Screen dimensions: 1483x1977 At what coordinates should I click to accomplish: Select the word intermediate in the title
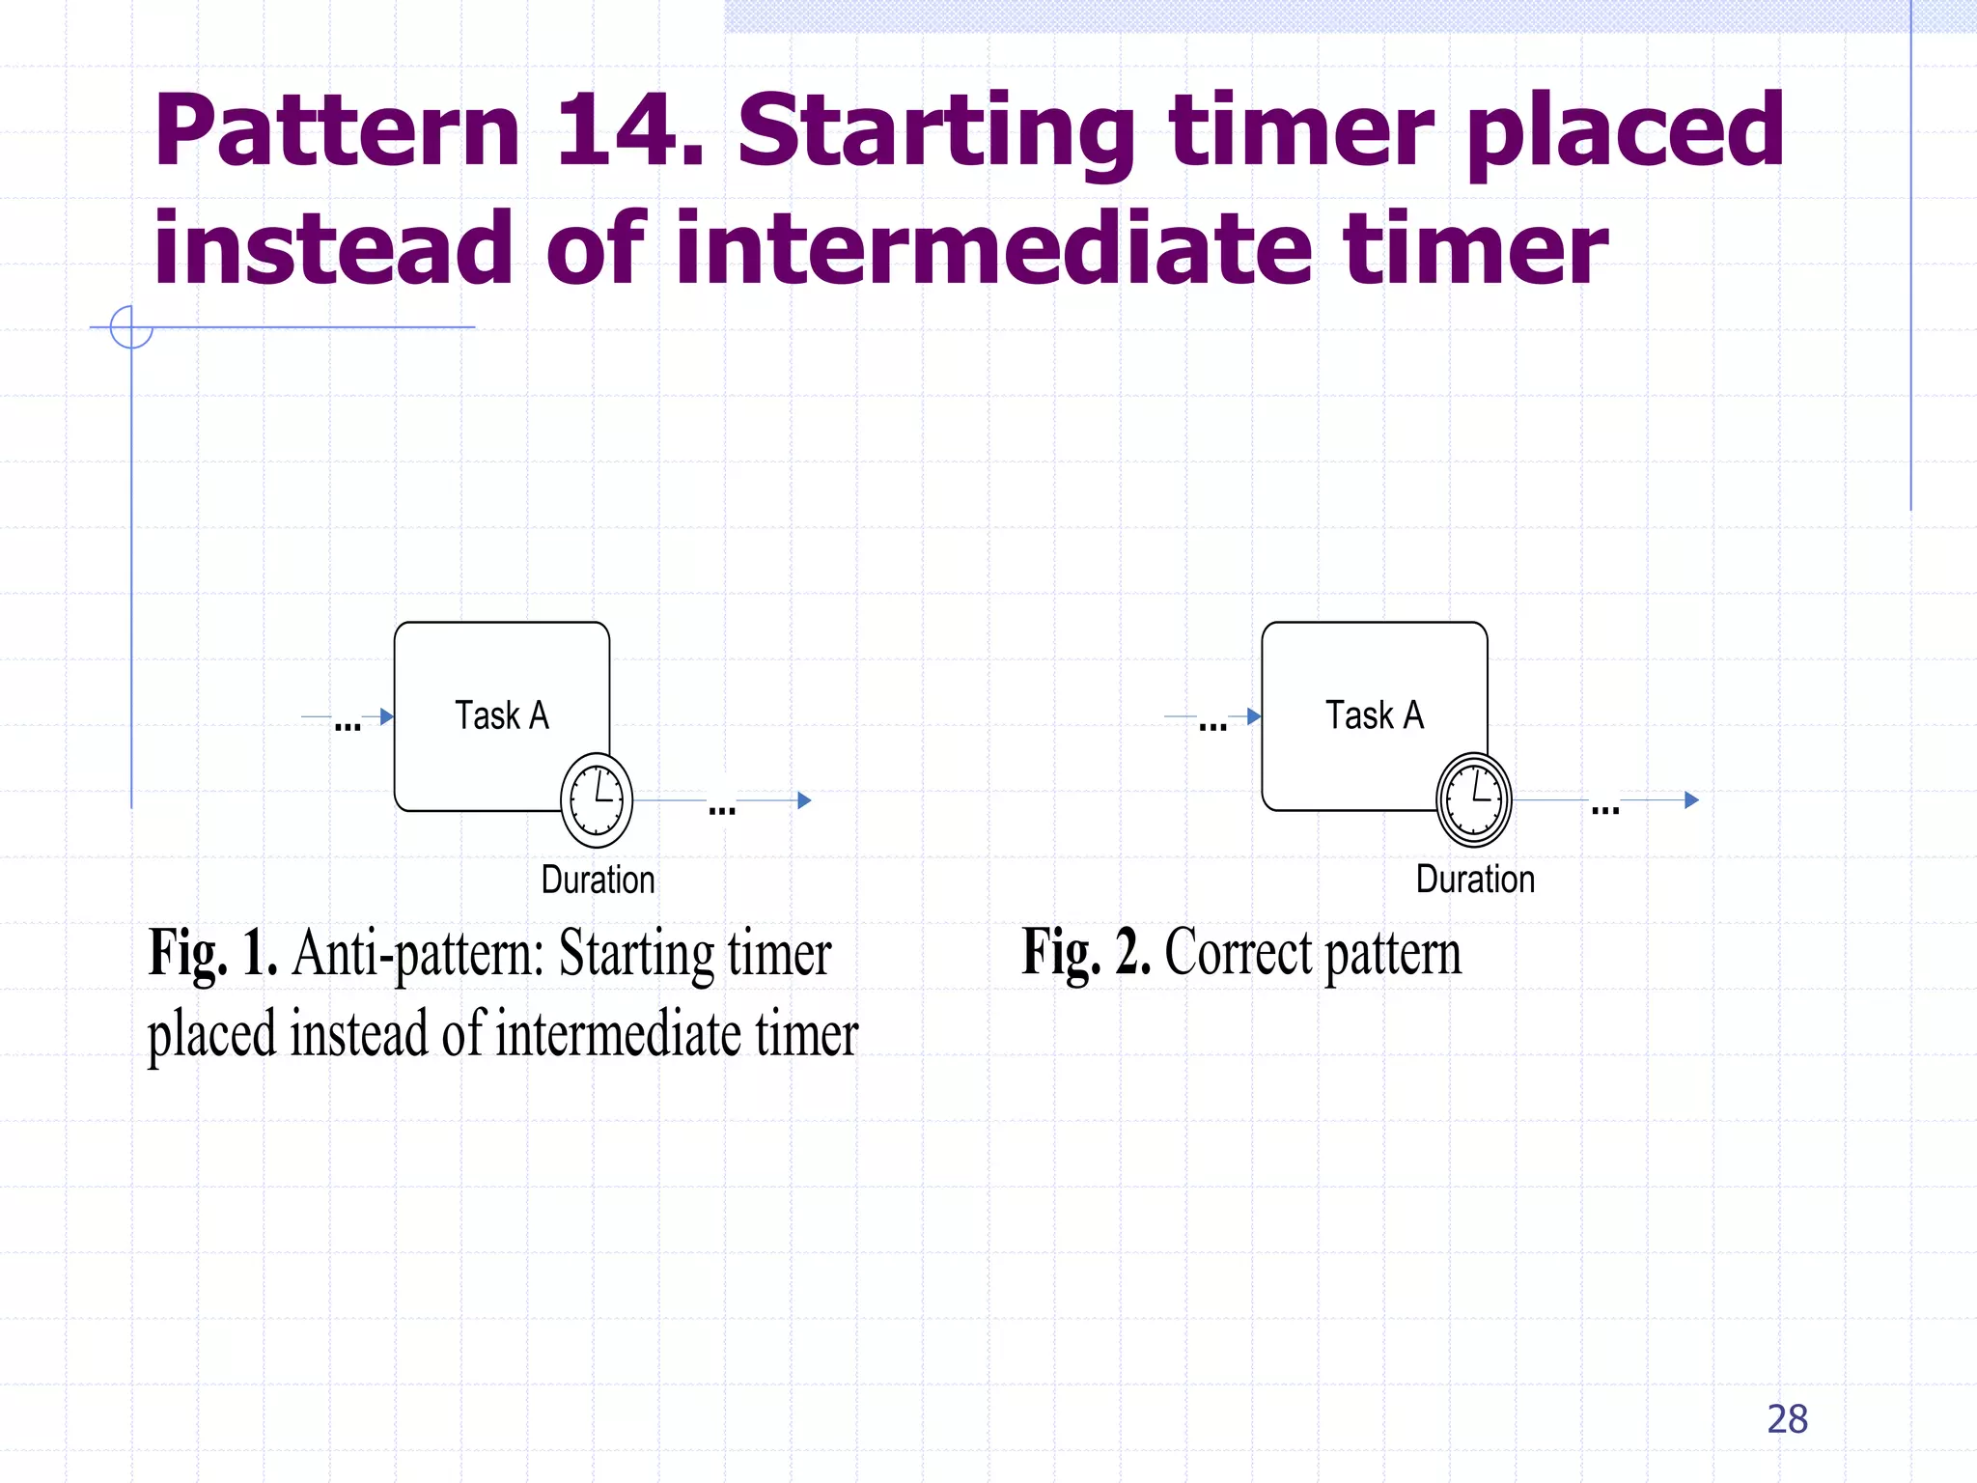[x=994, y=249]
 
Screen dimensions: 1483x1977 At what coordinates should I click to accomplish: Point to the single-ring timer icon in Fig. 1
[x=597, y=800]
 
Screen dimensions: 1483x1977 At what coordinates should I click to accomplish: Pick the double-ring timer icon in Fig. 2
[x=1474, y=800]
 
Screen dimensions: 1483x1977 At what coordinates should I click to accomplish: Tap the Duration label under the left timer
[x=598, y=880]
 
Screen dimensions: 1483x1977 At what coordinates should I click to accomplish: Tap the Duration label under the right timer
[x=1475, y=880]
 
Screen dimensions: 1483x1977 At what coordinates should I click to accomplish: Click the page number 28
[x=1787, y=1419]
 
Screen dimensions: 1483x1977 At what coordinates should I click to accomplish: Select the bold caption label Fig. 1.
[x=212, y=953]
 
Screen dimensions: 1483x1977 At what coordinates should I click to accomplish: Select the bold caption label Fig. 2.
[x=1086, y=953]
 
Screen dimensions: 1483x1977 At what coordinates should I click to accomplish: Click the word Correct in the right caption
[x=1239, y=953]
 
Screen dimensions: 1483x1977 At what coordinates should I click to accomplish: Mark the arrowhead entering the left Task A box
[x=387, y=716]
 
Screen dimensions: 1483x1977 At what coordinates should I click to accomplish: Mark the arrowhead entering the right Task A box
[x=1254, y=716]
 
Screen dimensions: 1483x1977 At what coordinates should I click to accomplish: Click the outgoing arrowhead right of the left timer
[x=804, y=800]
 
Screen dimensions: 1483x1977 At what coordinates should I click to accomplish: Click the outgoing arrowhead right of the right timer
[x=1691, y=800]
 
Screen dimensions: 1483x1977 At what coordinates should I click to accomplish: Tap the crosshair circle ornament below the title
[x=131, y=327]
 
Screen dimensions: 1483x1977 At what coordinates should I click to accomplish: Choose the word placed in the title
[x=1625, y=130]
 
